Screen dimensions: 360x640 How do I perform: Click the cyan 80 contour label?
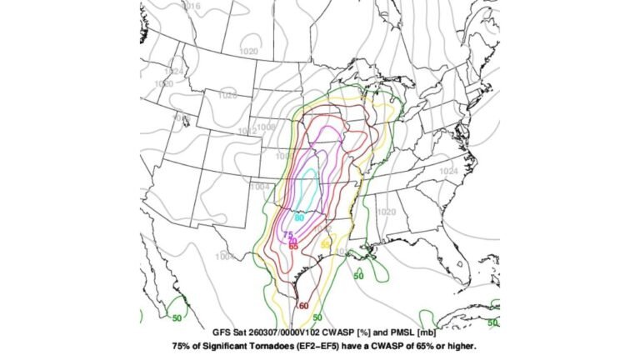click(x=299, y=218)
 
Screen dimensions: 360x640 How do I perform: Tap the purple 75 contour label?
click(x=288, y=236)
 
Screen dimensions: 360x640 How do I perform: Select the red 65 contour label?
click(x=293, y=247)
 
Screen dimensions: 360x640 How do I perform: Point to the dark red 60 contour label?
click(x=303, y=307)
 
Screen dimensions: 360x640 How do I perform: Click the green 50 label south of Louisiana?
click(x=358, y=276)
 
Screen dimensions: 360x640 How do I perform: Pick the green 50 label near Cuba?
click(x=492, y=322)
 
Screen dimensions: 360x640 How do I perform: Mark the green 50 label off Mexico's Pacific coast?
click(x=177, y=317)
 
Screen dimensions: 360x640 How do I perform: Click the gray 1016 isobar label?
click(x=192, y=6)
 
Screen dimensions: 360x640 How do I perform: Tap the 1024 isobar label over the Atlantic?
click(x=448, y=171)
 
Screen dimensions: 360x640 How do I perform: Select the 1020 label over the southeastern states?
click(x=387, y=212)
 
